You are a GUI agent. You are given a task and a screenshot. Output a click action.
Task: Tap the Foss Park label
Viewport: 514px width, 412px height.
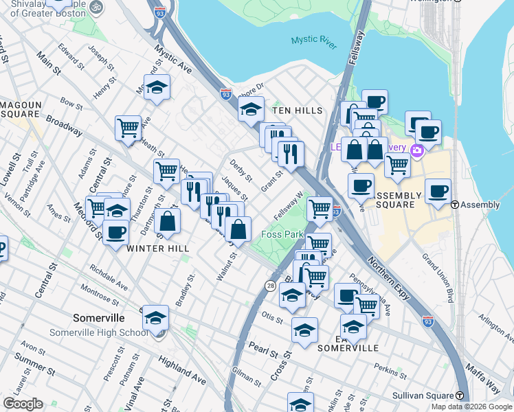tap(282, 235)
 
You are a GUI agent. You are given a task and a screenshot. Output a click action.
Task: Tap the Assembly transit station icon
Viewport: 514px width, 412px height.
tap(455, 205)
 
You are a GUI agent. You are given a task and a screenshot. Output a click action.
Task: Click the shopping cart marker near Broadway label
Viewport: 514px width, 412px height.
tap(128, 128)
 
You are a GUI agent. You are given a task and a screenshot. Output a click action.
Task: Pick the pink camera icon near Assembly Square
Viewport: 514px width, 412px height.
tap(416, 150)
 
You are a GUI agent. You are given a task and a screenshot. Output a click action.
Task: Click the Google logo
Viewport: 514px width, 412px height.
tap(23, 404)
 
